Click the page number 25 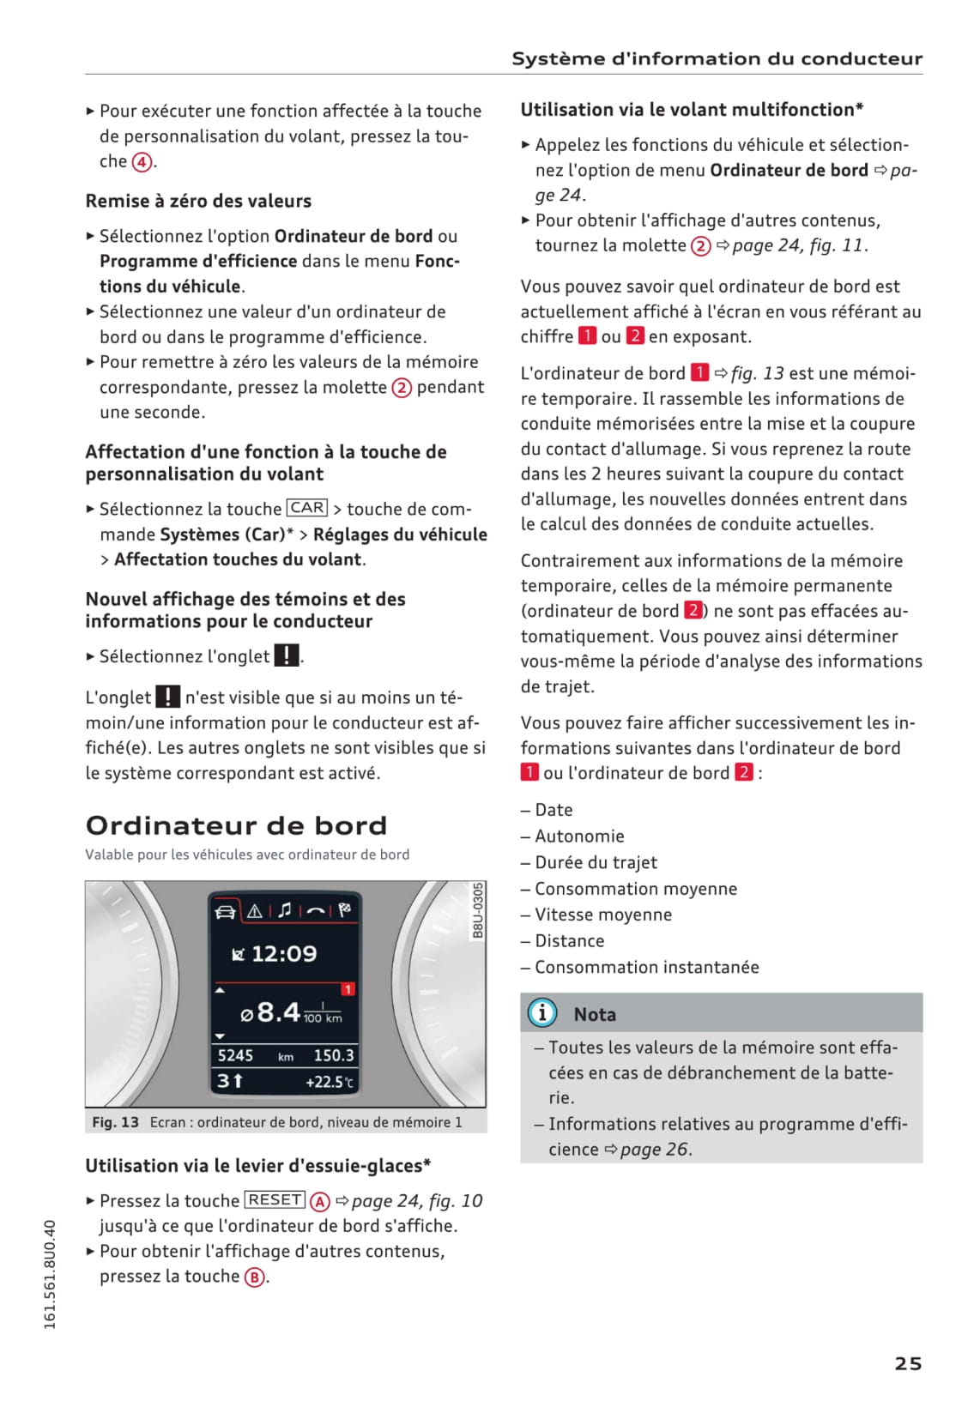[908, 1363]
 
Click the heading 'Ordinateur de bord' [236, 825]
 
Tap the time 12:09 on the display [283, 953]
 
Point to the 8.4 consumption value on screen [279, 1012]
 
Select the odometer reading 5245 [235, 1055]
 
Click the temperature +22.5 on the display [330, 1082]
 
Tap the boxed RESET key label [275, 1199]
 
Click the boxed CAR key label [306, 508]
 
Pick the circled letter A [319, 1201]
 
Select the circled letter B [254, 1277]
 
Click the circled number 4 [142, 162]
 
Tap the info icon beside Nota [542, 1013]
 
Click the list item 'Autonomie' [579, 836]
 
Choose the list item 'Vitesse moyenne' [603, 915]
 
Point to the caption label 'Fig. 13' [115, 1122]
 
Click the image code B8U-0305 [478, 910]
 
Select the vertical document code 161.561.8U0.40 [50, 1275]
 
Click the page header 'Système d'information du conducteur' [717, 58]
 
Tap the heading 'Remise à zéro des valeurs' [198, 201]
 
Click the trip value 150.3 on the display [334, 1055]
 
